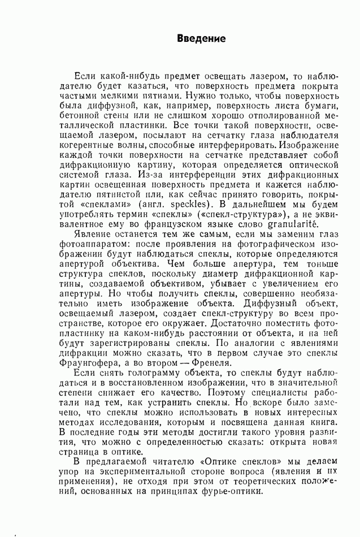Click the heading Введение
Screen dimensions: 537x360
pos(202,39)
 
